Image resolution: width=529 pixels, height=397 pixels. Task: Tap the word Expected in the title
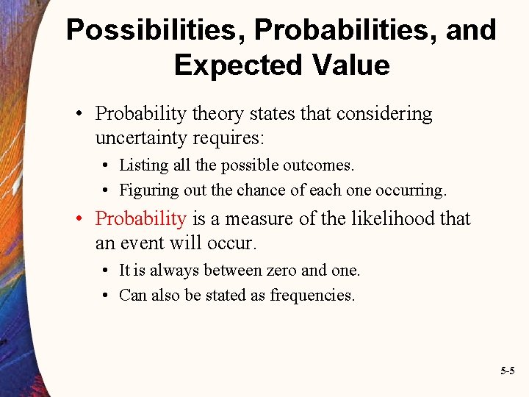pos(233,65)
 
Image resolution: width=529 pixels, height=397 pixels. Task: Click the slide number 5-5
pos(507,371)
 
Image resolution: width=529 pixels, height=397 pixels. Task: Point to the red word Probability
pos(141,218)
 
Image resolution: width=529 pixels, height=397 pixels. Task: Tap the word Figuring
pos(149,190)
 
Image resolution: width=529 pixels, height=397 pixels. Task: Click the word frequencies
pos(312,295)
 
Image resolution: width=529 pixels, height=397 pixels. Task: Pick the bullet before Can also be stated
pos(107,295)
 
